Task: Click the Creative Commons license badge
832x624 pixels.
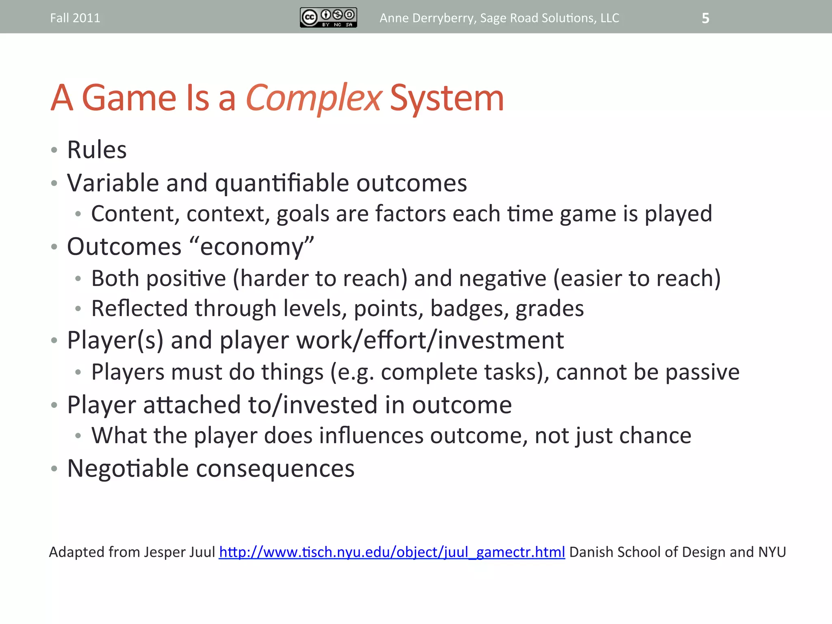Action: point(328,17)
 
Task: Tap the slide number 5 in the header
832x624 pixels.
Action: point(705,18)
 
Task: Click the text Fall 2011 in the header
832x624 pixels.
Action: point(75,18)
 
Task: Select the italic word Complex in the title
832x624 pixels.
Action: point(313,98)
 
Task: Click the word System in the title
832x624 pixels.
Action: point(447,98)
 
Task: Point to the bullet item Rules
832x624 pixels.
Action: point(97,150)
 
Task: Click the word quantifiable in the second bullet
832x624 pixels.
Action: point(282,184)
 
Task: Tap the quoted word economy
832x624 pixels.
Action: point(251,247)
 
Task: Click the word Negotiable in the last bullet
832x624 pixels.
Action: point(128,468)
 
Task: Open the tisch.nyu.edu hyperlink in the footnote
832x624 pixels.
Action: point(392,552)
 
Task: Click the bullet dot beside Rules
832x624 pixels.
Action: point(54,150)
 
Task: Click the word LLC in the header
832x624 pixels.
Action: point(609,18)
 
